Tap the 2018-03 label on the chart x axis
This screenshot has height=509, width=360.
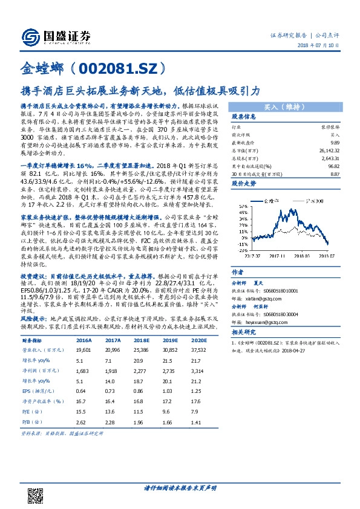pos(310,255)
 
